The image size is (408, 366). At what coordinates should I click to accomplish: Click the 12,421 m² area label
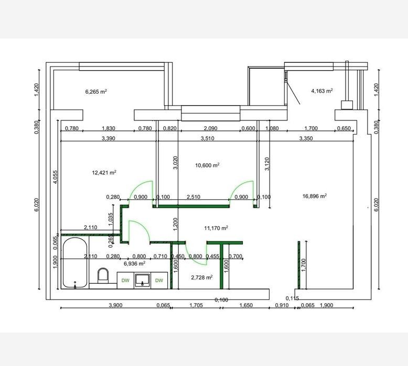104,172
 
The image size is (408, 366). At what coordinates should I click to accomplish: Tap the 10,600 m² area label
207,165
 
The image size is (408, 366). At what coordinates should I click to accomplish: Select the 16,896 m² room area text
314,196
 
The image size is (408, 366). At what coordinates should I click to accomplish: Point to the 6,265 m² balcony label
96,92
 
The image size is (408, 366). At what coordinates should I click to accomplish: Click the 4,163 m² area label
322,91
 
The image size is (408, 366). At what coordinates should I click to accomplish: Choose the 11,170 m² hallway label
216,228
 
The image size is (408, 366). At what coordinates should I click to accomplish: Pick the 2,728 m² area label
202,278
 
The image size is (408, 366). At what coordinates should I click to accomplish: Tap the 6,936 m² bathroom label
134,264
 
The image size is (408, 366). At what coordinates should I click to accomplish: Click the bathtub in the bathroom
75,263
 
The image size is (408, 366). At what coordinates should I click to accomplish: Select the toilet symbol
103,275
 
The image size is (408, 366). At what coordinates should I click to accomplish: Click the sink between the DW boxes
142,280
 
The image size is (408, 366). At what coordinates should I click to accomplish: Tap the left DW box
125,280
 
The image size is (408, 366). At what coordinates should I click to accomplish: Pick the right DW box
159,280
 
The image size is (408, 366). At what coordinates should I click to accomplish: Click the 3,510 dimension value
207,138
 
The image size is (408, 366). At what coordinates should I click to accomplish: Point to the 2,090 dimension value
210,128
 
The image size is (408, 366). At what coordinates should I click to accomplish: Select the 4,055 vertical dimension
56,177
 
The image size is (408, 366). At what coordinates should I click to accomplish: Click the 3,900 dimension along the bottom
115,305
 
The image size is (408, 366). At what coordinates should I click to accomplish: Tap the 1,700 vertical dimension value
304,265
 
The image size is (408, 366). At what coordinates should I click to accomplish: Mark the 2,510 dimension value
194,197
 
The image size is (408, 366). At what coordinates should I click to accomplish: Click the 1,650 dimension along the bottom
246,305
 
